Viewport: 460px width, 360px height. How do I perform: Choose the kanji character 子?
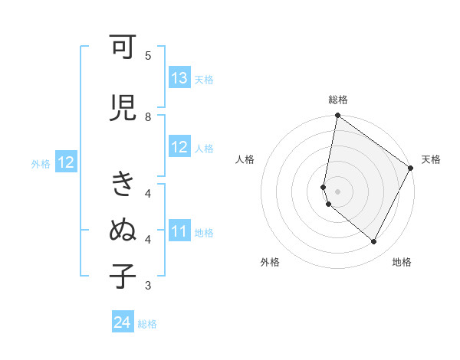pyautogui.click(x=123, y=276)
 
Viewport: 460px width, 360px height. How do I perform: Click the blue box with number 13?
pyautogui.click(x=179, y=78)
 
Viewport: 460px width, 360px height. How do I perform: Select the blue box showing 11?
pyautogui.click(x=179, y=231)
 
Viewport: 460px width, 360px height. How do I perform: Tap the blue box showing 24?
pyautogui.click(x=123, y=322)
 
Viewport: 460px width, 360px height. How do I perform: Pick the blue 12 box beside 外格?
pyautogui.click(x=66, y=162)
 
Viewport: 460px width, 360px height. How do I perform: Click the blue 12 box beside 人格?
pyautogui.click(x=179, y=148)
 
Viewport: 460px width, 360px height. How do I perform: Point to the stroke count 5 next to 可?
pyautogui.click(x=148, y=56)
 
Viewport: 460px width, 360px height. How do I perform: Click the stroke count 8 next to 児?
pyautogui.click(x=148, y=116)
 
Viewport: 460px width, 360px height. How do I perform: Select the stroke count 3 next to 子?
pyautogui.click(x=148, y=286)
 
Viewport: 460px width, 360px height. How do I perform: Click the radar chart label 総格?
pyautogui.click(x=338, y=100)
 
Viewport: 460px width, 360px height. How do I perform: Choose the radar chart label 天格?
pyautogui.click(x=431, y=159)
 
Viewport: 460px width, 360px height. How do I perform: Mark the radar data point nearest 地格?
pyautogui.click(x=374, y=242)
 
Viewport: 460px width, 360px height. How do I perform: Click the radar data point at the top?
pyautogui.click(x=337, y=116)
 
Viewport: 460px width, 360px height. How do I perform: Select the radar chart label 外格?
pyautogui.click(x=270, y=262)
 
